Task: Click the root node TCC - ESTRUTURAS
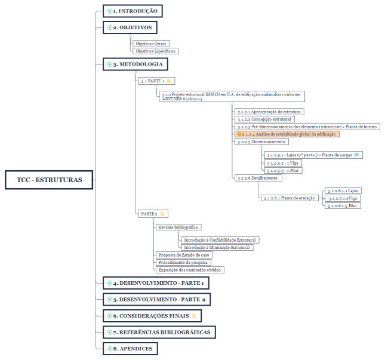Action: tap(49, 180)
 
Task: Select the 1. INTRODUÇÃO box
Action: tap(133, 11)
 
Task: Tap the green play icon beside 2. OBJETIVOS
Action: tap(110, 27)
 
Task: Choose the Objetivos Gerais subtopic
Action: tap(151, 44)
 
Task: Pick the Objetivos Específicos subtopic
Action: tap(155, 51)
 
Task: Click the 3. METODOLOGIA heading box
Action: tap(135, 64)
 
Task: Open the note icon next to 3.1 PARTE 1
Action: tap(169, 81)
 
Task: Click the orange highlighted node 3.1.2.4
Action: tap(287, 134)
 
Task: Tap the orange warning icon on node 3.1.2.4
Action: tap(239, 134)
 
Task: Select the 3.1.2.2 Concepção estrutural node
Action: tap(264, 119)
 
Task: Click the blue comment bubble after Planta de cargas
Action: tap(356, 155)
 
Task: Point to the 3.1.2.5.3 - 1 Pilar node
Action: tap(283, 170)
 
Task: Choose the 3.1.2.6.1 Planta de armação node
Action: tap(289, 198)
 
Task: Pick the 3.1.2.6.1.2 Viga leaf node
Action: tap(343, 198)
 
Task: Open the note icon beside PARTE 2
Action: tap(162, 214)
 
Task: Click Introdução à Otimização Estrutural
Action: tap(217, 248)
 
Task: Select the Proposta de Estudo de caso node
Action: tap(184, 255)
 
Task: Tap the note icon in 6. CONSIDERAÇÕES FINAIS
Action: tap(194, 316)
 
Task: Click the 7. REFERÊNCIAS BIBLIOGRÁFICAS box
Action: tap(159, 333)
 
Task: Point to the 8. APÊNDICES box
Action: tap(130, 349)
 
